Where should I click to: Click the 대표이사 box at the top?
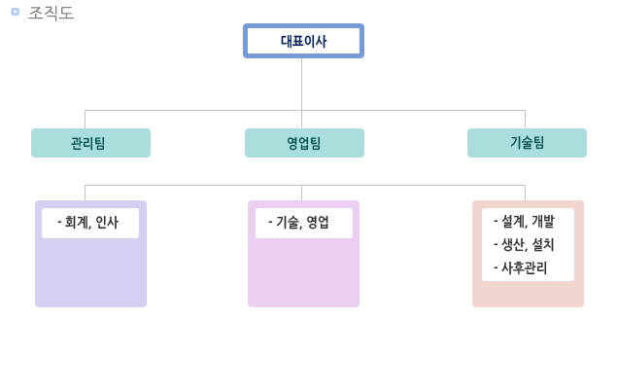(x=303, y=41)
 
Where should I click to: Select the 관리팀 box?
(x=90, y=143)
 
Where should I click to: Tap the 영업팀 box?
(x=304, y=143)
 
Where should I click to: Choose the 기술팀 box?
(x=527, y=143)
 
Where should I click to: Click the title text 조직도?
(x=51, y=13)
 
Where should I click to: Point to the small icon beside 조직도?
(x=15, y=12)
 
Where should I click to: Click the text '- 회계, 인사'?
(x=88, y=223)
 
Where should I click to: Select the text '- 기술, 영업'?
(x=299, y=223)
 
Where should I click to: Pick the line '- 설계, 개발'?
(x=524, y=222)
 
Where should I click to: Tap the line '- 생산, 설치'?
(x=524, y=245)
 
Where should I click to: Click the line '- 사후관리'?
(x=520, y=268)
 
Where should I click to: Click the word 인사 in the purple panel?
(x=107, y=223)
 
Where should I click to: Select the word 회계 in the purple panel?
(x=76, y=223)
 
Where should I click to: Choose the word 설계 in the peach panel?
(x=512, y=222)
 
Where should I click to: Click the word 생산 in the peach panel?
(x=512, y=245)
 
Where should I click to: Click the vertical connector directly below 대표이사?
(x=301, y=83)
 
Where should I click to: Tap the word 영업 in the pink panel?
(x=318, y=223)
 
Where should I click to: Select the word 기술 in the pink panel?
(x=287, y=223)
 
